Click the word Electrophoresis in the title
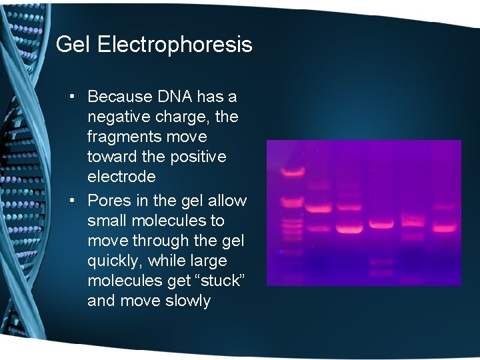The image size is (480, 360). click(x=175, y=45)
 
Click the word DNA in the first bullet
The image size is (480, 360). click(x=176, y=97)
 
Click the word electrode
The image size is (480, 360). click(x=121, y=177)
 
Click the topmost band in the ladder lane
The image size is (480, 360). click(x=292, y=172)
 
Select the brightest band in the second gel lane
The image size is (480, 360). click(x=318, y=209)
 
